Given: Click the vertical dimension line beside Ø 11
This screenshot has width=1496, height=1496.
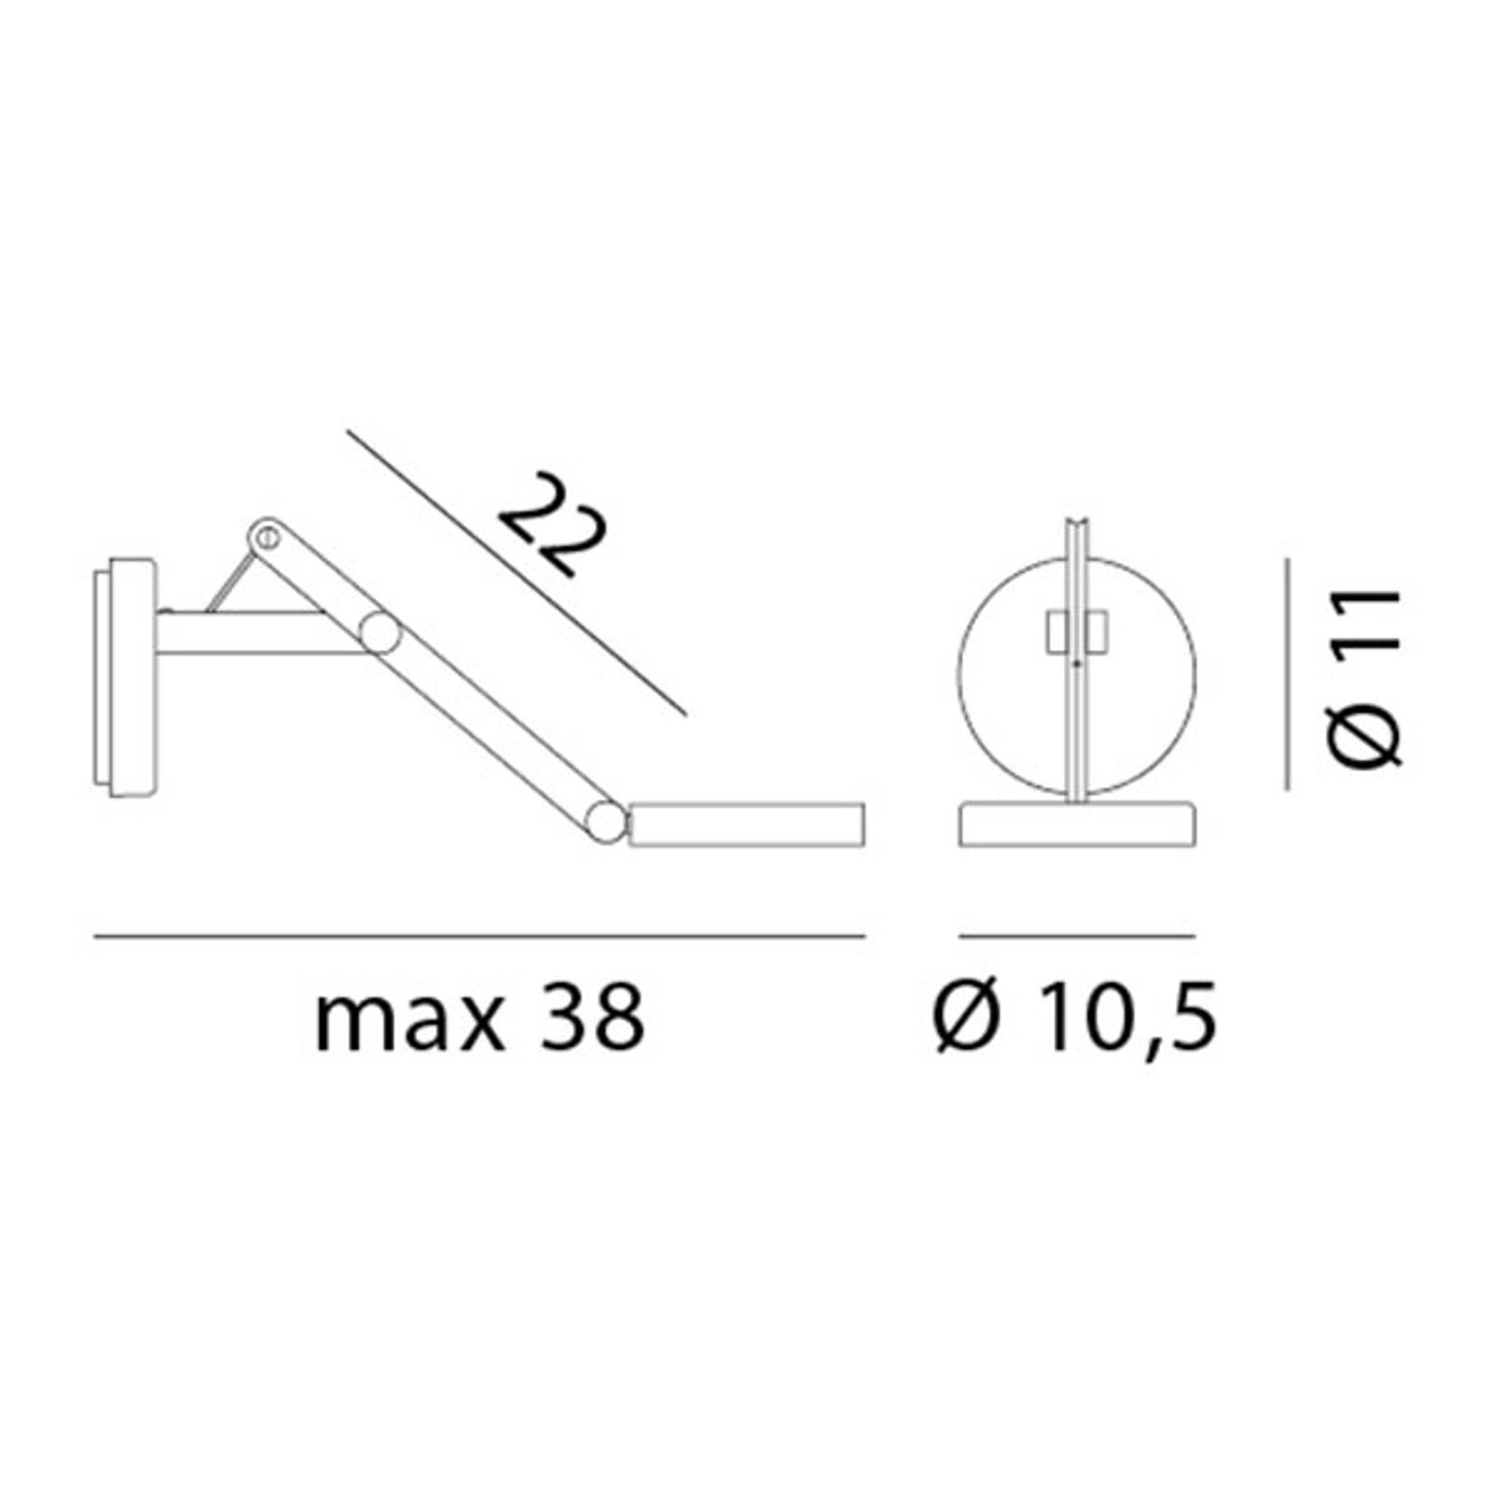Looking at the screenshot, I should pos(1287,673).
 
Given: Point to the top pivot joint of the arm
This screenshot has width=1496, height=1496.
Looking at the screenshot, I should pos(266,537).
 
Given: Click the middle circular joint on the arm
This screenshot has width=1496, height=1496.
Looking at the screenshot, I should pos(381,633).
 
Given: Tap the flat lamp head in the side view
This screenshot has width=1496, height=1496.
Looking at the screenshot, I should pos(746,823).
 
